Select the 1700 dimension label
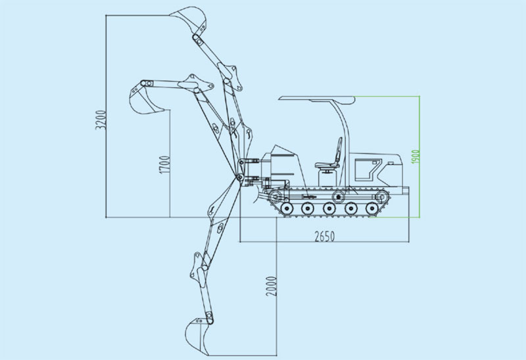pyautogui.click(x=165, y=164)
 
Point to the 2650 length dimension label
pyautogui.click(x=323, y=235)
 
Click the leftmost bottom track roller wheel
pyautogui.click(x=286, y=209)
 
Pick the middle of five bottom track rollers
pyautogui.click(x=329, y=209)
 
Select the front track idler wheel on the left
pyautogui.click(x=276, y=198)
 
